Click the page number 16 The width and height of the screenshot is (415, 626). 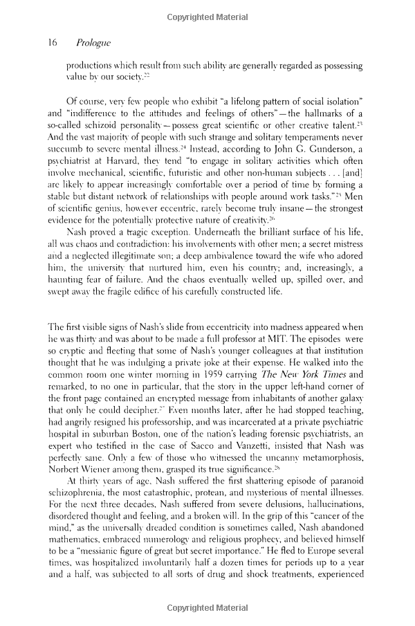pyautogui.click(x=52, y=43)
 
